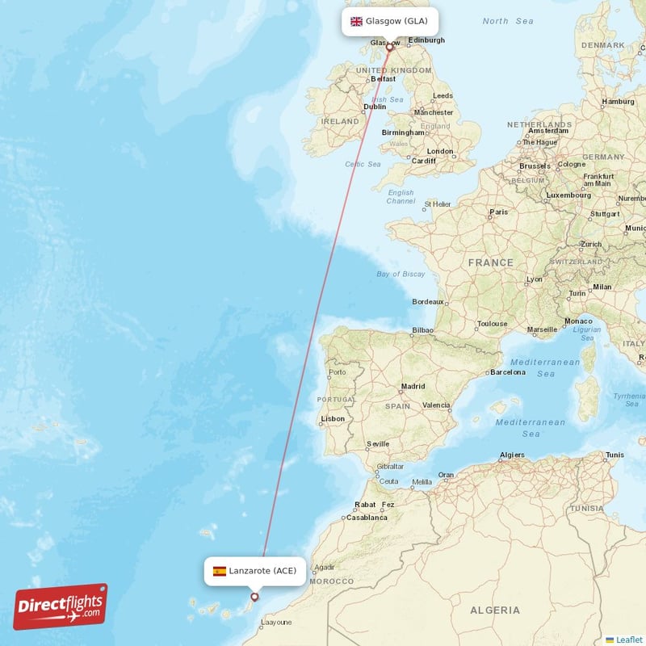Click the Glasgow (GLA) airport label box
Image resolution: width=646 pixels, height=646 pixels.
[x=390, y=21]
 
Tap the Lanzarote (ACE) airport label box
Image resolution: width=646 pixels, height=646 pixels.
[x=255, y=571]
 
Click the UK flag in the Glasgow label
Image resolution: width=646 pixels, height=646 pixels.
[x=355, y=21]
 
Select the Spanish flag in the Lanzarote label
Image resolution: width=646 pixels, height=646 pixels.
[x=220, y=571]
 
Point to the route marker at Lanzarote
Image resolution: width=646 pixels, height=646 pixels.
[x=255, y=598]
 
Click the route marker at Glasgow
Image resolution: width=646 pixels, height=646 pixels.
[x=389, y=47]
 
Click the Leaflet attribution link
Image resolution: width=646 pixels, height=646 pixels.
[x=629, y=640]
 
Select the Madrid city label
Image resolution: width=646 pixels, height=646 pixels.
[x=413, y=386]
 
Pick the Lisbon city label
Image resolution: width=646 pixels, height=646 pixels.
[x=333, y=418]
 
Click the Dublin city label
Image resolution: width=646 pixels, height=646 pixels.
[x=375, y=106]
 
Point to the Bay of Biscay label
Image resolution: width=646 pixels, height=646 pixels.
[x=401, y=274]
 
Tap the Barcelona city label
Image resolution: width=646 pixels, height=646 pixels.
[x=508, y=372]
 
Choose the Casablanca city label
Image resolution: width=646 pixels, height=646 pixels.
[x=367, y=517]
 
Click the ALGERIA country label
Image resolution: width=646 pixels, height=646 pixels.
[x=496, y=610]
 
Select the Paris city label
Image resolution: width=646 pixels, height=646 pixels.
[x=499, y=212]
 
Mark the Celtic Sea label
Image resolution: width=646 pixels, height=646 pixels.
[x=363, y=164]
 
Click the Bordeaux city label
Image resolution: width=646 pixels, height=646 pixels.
[x=428, y=302]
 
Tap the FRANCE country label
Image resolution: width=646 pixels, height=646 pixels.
[x=491, y=262]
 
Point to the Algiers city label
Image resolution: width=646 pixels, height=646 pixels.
[x=512, y=455]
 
